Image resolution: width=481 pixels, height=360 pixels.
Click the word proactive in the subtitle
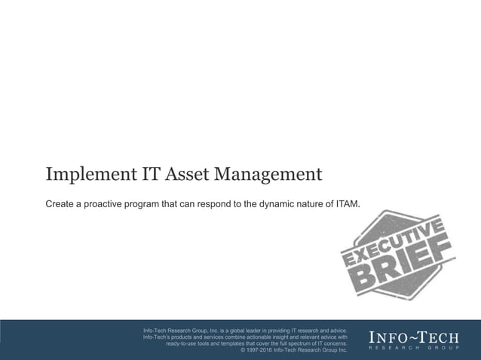pos(118,203)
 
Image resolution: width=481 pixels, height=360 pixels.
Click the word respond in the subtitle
pos(208,203)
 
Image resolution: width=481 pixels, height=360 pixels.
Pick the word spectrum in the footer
pos(301,343)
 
